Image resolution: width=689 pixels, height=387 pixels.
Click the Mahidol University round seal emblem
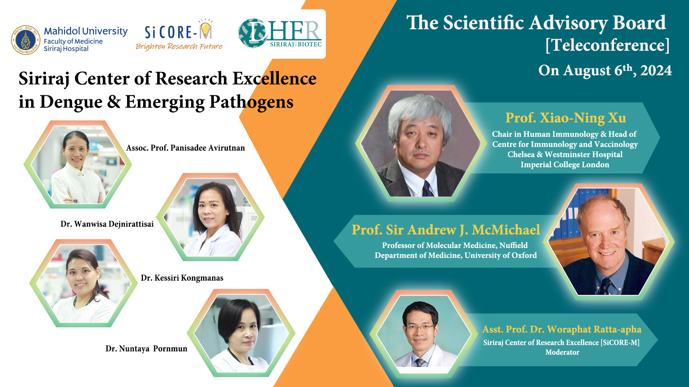[25, 40]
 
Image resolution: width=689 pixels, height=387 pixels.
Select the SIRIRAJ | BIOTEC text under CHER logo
[296, 44]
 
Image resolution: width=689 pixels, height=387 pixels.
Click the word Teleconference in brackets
[608, 45]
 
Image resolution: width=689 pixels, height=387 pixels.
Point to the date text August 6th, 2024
[617, 70]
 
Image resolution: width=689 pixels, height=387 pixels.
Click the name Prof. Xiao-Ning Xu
[566, 118]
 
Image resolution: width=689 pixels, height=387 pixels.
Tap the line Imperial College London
[565, 164]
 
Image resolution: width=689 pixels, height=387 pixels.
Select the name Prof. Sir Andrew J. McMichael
[446, 230]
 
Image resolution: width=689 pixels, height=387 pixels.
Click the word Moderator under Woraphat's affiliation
[562, 352]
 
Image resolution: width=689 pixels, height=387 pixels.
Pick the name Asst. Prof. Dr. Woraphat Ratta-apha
[562, 329]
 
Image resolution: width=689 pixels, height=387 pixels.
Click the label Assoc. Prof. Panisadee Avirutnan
[186, 148]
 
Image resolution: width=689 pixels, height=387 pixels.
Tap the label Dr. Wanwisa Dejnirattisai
[107, 224]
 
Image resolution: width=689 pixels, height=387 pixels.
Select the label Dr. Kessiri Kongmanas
[182, 278]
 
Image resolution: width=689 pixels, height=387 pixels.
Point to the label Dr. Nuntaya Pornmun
[146, 349]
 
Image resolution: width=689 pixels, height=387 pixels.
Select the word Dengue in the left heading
[71, 102]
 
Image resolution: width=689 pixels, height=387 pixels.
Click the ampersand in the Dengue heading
[114, 102]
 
